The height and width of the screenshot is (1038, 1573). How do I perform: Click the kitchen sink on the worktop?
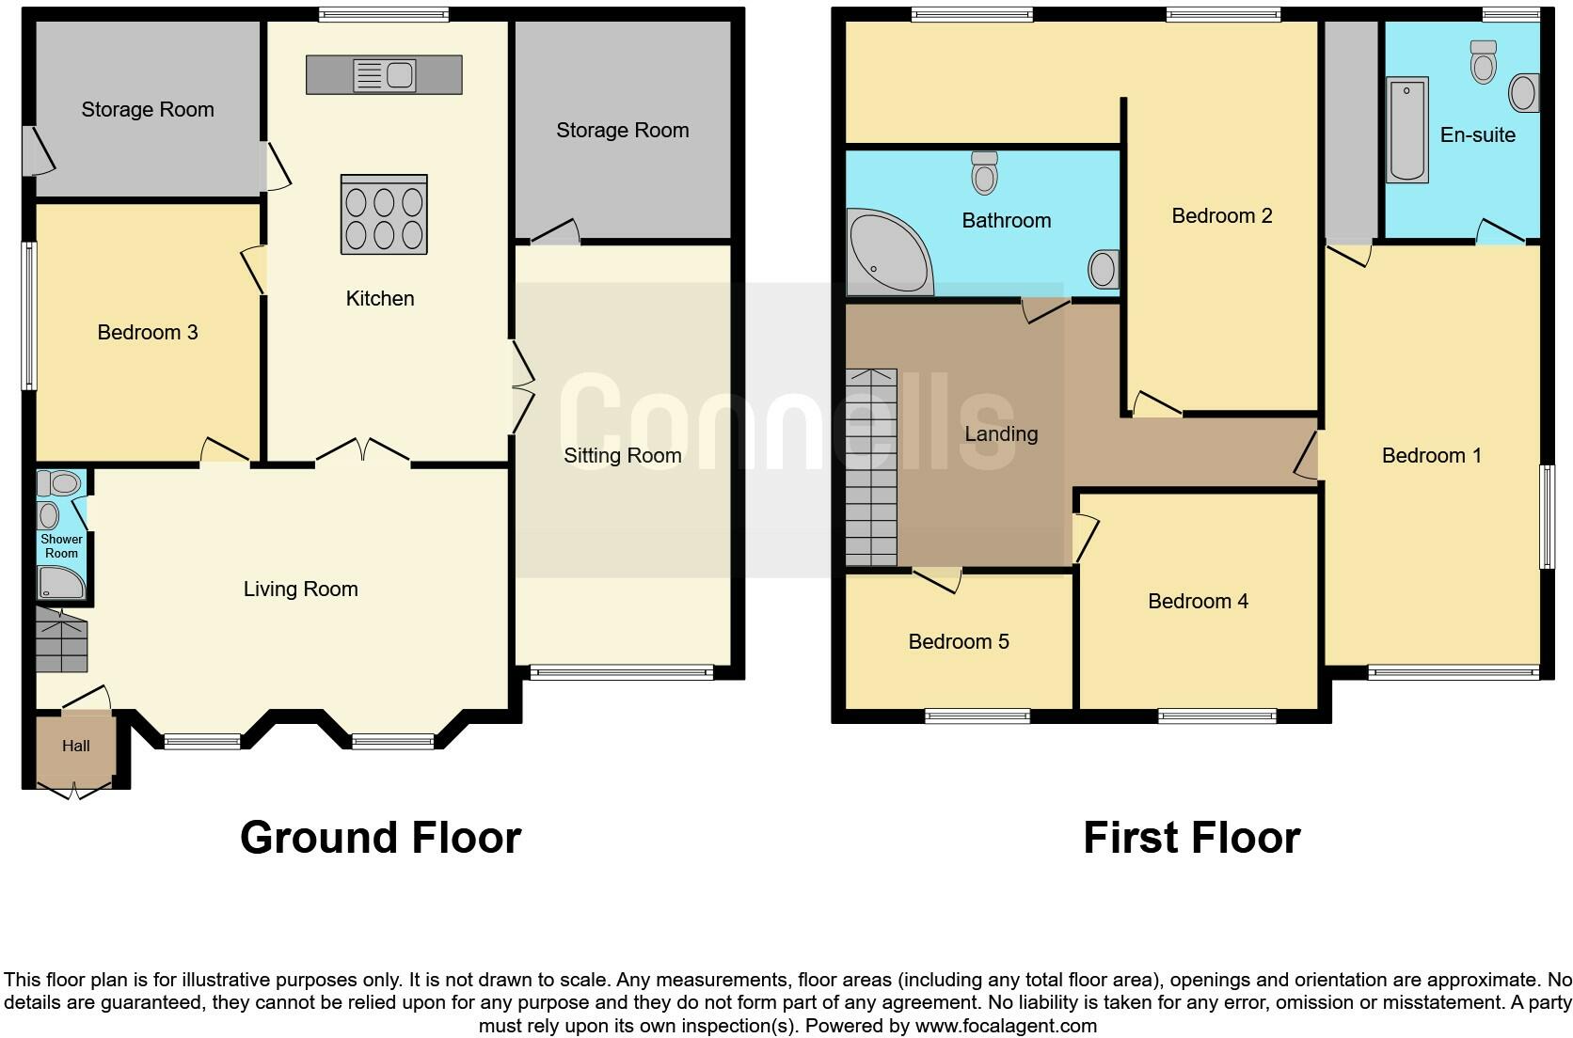pos(384,75)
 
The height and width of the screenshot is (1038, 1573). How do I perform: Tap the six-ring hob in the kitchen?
pos(384,215)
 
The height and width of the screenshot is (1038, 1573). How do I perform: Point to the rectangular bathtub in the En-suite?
pos(1406,130)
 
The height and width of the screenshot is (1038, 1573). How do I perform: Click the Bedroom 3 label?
pos(148,332)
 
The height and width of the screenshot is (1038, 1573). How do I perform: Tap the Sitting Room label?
pos(622,455)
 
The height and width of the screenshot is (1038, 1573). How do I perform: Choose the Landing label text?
pos(1001,433)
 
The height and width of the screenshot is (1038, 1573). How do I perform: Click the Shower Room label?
pos(61,546)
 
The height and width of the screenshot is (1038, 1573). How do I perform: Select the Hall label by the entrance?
pos(76,746)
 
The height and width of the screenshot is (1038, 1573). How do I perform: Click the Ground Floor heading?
pos(380,837)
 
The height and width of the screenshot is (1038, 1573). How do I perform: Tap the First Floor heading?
pos(1191,837)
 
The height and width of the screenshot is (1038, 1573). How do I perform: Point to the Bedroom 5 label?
pos(958,641)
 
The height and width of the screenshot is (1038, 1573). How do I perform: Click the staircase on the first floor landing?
pos(871,467)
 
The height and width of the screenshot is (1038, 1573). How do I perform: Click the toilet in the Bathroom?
pos(984,173)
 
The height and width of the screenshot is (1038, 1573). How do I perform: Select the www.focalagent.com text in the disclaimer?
pos(1006,1025)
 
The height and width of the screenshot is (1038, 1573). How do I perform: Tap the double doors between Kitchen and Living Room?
pos(363,452)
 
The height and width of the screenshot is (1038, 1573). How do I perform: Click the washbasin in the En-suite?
pos(1524,93)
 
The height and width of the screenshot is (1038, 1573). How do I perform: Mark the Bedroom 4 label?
pos(1198,601)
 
